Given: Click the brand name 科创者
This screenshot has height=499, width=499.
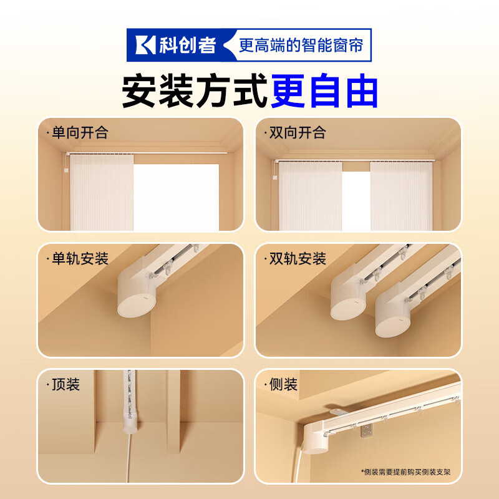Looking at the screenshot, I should tap(188, 45).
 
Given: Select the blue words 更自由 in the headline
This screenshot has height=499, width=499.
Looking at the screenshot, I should tap(325, 91).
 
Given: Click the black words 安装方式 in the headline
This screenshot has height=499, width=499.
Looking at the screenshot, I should tap(195, 91).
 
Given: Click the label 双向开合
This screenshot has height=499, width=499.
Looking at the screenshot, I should tap(296, 133).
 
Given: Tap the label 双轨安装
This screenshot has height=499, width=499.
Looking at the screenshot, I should tap(296, 258).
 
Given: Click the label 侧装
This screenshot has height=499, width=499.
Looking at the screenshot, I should tap(281, 384).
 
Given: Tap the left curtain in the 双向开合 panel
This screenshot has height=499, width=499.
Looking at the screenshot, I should tap(309, 195).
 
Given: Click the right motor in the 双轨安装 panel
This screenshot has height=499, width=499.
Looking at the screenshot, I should tap(393, 312).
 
